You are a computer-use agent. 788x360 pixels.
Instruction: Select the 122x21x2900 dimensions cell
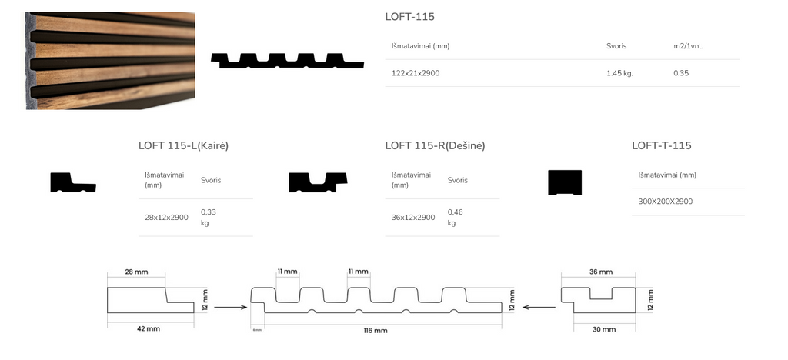416,73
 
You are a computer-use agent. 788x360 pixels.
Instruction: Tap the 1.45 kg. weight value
619,73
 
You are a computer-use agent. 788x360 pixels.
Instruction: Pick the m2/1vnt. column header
688,46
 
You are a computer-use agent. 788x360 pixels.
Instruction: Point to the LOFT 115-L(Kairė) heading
183,145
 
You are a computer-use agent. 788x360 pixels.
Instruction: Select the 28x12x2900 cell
166,218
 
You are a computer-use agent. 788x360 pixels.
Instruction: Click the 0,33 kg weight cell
208,217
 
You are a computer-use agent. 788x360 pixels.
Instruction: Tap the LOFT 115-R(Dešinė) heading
435,145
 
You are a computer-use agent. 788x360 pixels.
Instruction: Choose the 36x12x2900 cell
413,218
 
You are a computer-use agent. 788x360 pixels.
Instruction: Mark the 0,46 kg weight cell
455,217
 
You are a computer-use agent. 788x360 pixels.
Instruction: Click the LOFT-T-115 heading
662,145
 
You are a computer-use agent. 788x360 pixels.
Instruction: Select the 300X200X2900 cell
666,202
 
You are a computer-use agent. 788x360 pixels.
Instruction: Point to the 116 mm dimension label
376,330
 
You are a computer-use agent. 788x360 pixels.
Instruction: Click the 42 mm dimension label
149,328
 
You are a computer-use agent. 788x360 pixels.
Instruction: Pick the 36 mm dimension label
600,272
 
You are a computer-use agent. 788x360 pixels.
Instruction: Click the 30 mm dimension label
604,328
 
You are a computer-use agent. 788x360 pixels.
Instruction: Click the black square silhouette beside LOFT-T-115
565,182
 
